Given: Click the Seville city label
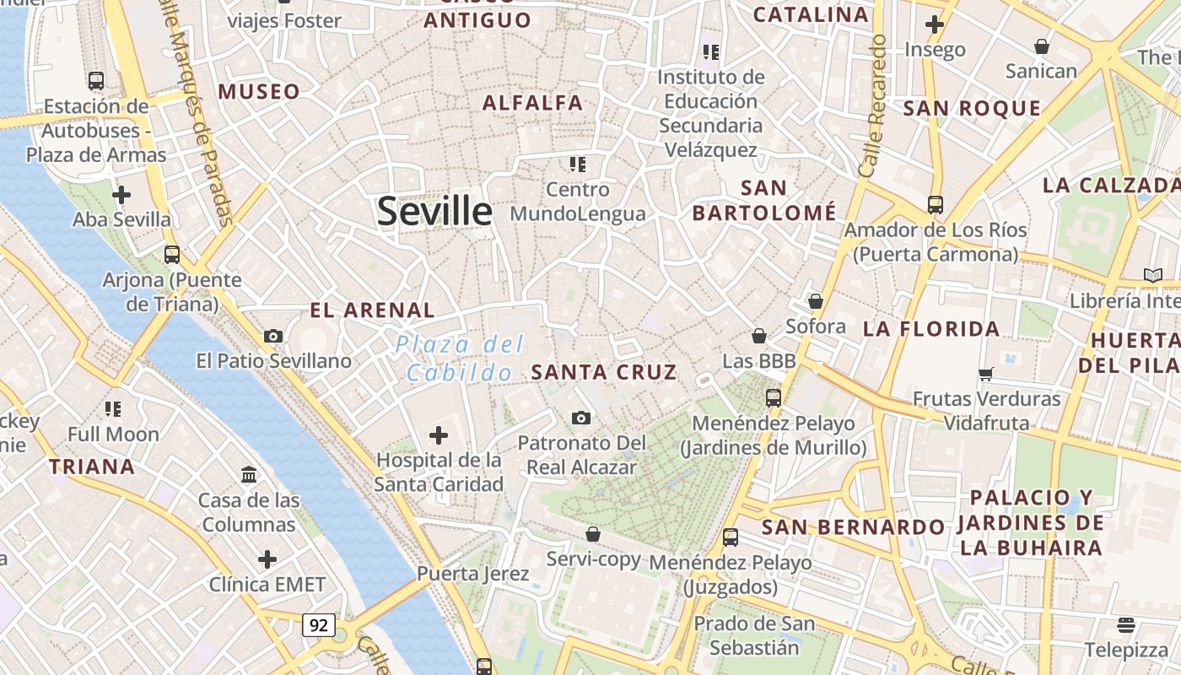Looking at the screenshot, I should click(434, 211).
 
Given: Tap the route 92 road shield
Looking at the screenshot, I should click(319, 625).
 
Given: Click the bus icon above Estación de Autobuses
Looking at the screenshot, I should click(96, 81).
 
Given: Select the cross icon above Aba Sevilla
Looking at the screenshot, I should click(121, 195).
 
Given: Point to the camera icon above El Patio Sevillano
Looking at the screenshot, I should click(272, 336).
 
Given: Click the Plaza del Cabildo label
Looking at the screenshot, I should click(460, 358).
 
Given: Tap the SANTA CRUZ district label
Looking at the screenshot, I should click(604, 372).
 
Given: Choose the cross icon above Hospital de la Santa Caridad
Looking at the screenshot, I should click(439, 435).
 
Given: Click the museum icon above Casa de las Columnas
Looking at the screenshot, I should click(249, 475).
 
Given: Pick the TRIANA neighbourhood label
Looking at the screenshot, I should click(92, 467).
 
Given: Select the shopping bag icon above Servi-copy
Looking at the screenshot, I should click(593, 534).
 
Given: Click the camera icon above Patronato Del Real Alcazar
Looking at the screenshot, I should click(581, 418).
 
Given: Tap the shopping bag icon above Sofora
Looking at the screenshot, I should click(816, 301).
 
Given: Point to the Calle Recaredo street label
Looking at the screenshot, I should click(871, 105).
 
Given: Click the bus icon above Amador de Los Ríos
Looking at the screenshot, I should click(936, 204).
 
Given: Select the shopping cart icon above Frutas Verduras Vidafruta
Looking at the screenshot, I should click(986, 374).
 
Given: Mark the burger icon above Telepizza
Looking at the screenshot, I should click(1126, 624).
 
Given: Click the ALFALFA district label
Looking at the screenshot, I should click(533, 103).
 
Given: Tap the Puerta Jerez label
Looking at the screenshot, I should click(473, 575).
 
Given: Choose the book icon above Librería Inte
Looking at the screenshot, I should click(1153, 275).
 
